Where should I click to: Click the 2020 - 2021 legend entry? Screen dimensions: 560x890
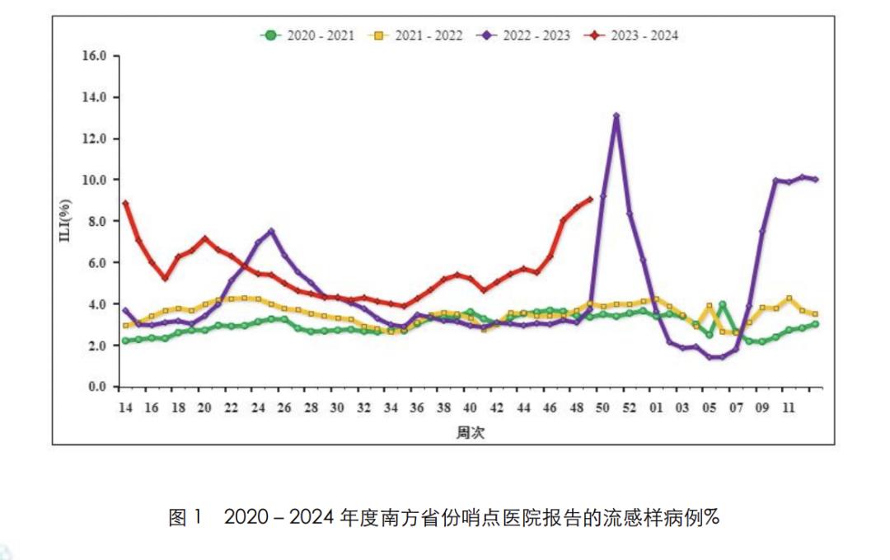(x=309, y=35)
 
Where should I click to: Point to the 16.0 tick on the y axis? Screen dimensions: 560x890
(x=96, y=56)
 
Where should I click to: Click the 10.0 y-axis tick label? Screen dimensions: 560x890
(x=96, y=180)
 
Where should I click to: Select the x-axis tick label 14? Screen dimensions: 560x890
(x=125, y=407)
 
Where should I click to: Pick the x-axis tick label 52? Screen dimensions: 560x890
(x=630, y=407)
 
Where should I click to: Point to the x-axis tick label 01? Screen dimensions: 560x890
(x=657, y=407)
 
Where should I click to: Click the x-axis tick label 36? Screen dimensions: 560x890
(x=417, y=407)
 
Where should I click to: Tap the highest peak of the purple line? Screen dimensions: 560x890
(x=616, y=115)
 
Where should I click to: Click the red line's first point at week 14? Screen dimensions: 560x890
(x=125, y=203)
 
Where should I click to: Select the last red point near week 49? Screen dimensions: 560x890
(x=590, y=198)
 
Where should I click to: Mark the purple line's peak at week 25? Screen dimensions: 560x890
(x=271, y=231)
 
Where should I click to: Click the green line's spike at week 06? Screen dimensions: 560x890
(x=723, y=304)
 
